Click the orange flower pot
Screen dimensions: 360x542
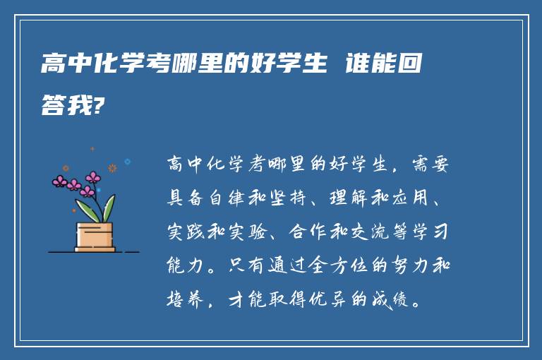[95, 236]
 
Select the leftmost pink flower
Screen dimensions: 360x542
[60, 182]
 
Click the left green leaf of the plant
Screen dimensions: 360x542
[85, 210]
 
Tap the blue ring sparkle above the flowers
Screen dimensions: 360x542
[128, 162]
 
